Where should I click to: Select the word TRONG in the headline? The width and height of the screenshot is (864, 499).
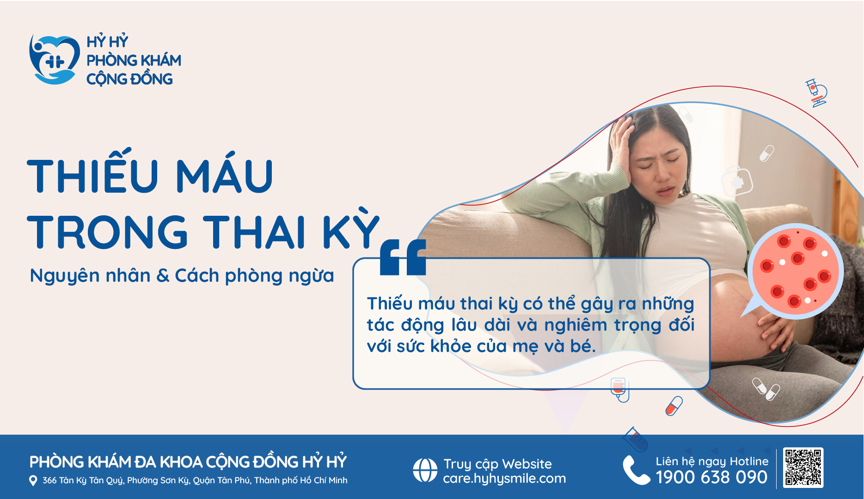pos(108,231)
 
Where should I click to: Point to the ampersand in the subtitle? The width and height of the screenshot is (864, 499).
pos(163,276)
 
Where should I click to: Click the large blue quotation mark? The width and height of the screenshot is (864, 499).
pos(403,257)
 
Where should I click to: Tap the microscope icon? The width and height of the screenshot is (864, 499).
pos(816,93)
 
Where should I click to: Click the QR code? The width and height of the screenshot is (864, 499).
pos(803,467)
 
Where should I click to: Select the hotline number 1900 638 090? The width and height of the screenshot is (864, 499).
pos(711,477)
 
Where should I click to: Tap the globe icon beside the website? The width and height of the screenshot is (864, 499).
pos(425,470)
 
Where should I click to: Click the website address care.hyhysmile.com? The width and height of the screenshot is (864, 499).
pos(504,478)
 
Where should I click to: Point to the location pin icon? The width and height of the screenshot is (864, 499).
pos(33,481)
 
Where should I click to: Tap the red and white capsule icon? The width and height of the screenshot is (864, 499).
pos(674,406)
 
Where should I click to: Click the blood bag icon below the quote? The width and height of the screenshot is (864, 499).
pos(619,389)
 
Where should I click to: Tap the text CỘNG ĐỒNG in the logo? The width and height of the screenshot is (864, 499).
pos(129,79)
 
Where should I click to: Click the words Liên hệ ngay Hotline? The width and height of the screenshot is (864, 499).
pos(712,461)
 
